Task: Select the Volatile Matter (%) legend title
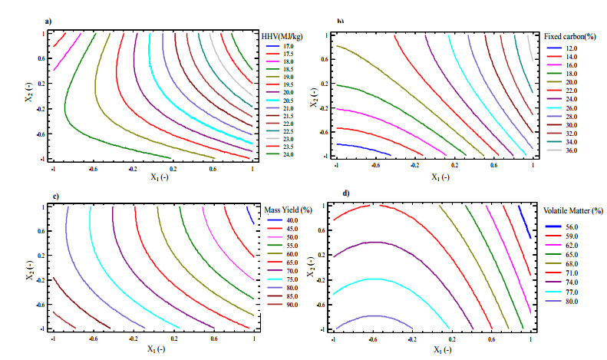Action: click(572, 210)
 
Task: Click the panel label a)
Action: click(48, 21)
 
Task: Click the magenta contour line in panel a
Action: click(68, 54)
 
